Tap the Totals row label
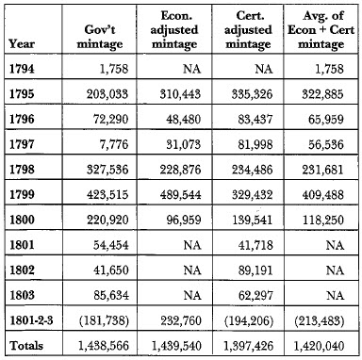click(26, 346)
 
